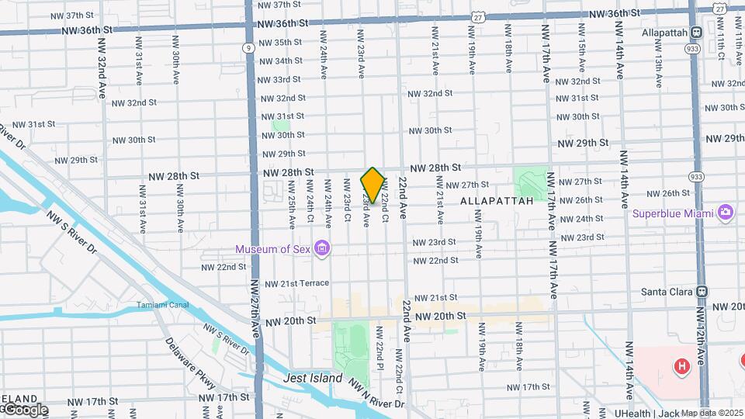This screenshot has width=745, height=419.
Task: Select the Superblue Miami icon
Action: tap(726, 212)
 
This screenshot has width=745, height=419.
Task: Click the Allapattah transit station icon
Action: tap(696, 33)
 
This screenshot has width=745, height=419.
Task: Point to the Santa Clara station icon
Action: tap(702, 291)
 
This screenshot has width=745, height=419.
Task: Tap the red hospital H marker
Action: tap(682, 365)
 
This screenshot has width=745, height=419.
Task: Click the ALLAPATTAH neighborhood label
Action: tap(508, 201)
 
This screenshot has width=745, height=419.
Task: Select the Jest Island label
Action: tap(313, 378)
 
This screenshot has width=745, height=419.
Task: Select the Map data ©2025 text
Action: tap(712, 413)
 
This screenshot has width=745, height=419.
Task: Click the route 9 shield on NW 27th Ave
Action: tap(247, 48)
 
